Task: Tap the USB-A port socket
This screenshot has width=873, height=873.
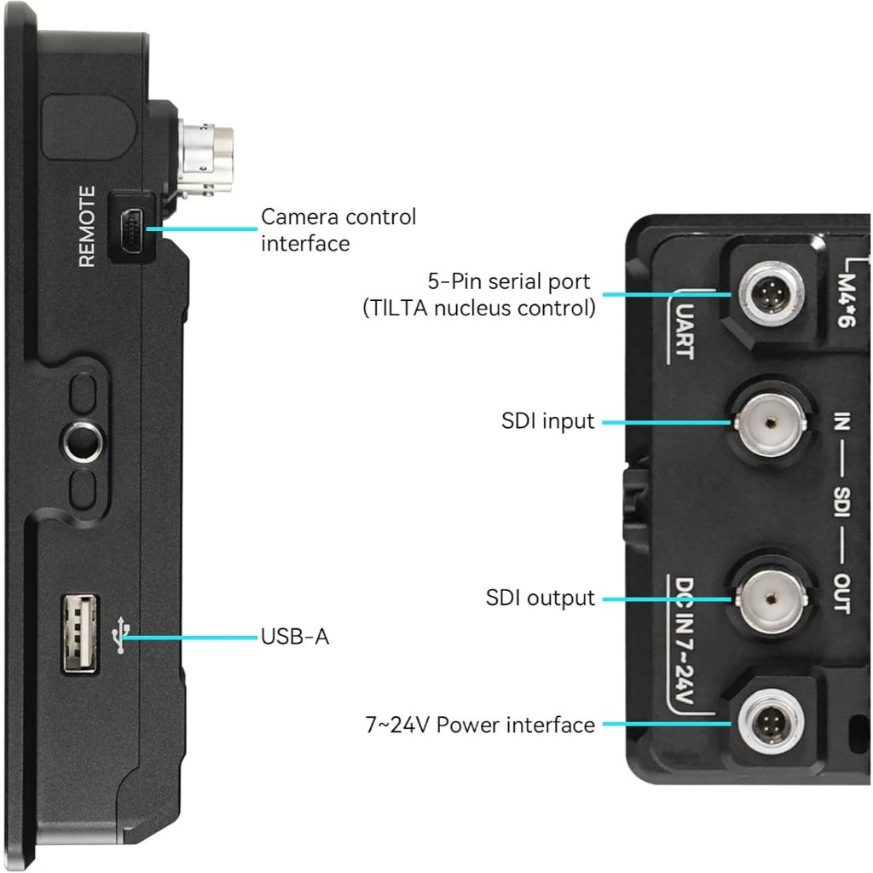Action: pos(79,633)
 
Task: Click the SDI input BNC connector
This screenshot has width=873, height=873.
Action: pos(771,423)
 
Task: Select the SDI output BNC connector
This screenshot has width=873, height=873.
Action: pos(771,598)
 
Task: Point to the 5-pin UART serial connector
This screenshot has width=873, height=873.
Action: pos(771,294)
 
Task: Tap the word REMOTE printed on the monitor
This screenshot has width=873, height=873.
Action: pos(88,226)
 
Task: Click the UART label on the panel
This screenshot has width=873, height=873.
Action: pos(685,331)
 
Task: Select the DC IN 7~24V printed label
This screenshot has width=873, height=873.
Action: pos(685,640)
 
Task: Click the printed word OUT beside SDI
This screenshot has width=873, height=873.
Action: pos(841,593)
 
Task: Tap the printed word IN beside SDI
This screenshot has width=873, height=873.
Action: pos(841,421)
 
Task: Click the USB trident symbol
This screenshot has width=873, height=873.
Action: pos(120,634)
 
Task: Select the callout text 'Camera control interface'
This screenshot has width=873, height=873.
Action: pos(338,230)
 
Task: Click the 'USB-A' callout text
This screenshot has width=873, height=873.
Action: pos(294,636)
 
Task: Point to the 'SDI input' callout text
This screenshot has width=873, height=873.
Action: pos(548,421)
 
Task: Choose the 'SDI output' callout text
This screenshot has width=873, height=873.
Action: pos(540,598)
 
